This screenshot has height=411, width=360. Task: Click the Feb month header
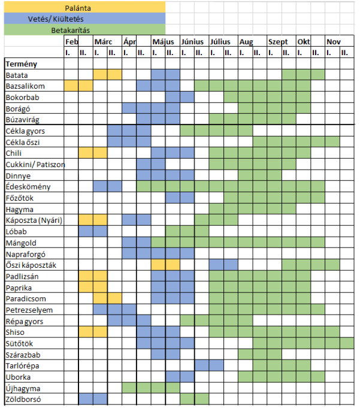tap(72, 42)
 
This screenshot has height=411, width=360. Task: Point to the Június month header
tap(192, 42)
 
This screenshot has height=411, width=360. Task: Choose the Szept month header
tap(278, 42)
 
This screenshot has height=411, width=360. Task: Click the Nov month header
tap(334, 42)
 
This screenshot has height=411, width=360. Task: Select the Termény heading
tap(22, 64)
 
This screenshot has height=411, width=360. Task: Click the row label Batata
tap(17, 75)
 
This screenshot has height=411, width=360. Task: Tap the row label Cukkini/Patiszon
tap(35, 164)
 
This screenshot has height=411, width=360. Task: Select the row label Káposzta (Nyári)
tap(34, 220)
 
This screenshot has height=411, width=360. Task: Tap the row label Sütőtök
tap(20, 343)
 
